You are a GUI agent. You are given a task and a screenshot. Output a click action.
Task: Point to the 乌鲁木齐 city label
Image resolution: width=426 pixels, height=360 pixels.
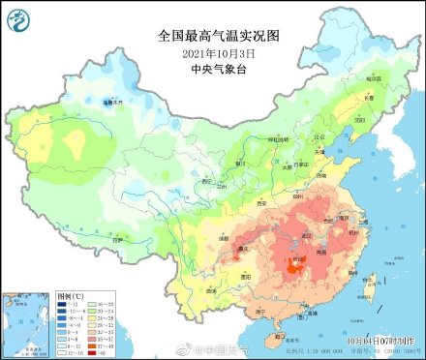116,101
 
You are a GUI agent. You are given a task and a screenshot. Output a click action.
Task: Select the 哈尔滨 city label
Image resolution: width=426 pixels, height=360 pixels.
374,77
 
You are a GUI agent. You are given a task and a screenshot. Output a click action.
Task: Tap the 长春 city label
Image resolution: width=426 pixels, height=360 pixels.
367,98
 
